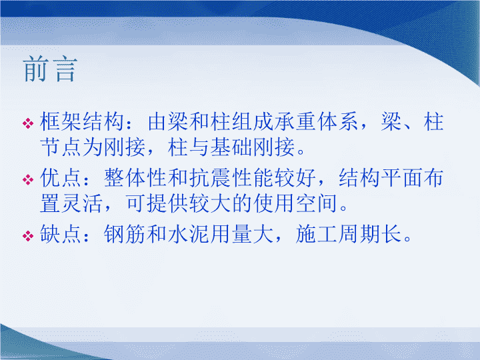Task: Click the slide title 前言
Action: [x=50, y=69]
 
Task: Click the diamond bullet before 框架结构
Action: [x=28, y=123]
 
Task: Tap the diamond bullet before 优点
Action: [x=28, y=180]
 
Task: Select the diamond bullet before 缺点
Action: [x=28, y=236]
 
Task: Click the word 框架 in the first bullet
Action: [x=61, y=121]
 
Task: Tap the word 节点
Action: [x=61, y=147]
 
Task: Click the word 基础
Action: [x=232, y=147]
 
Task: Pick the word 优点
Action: [x=61, y=177]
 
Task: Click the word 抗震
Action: [x=210, y=177]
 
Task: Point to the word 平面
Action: [x=403, y=177]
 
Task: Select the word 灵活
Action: [x=82, y=203]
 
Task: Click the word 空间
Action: [x=317, y=203]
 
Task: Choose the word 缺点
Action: [x=61, y=234]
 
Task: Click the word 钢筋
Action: [x=125, y=234]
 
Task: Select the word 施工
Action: [x=317, y=234]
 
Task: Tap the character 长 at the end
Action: [x=392, y=234]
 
